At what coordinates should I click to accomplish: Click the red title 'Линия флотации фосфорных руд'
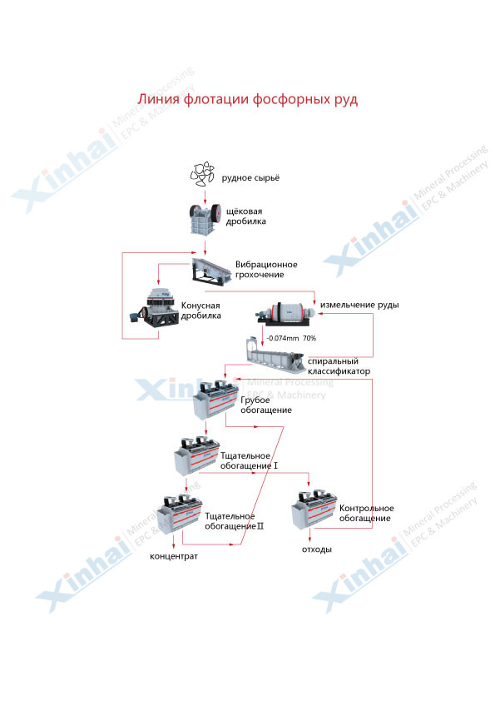(248, 99)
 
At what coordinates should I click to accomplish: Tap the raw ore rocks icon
(203, 174)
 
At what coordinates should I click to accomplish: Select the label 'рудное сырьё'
(250, 178)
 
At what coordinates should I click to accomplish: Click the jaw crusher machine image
(205, 219)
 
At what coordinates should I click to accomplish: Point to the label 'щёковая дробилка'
(245, 216)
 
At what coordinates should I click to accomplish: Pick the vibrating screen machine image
(210, 270)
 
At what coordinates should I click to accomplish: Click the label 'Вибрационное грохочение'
(266, 270)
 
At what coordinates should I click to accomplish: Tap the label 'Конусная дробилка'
(200, 311)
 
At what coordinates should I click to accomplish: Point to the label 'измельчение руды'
(359, 305)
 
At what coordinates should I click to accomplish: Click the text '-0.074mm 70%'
(291, 339)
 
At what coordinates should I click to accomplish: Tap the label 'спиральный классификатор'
(339, 366)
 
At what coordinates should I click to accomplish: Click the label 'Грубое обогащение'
(266, 405)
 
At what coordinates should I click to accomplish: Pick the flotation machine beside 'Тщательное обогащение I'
(196, 455)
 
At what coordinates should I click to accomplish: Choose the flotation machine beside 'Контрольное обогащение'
(314, 510)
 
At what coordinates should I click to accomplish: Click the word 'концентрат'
(174, 557)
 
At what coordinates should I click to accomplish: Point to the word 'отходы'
(317, 549)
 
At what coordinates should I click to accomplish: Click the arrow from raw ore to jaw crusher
(205, 196)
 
